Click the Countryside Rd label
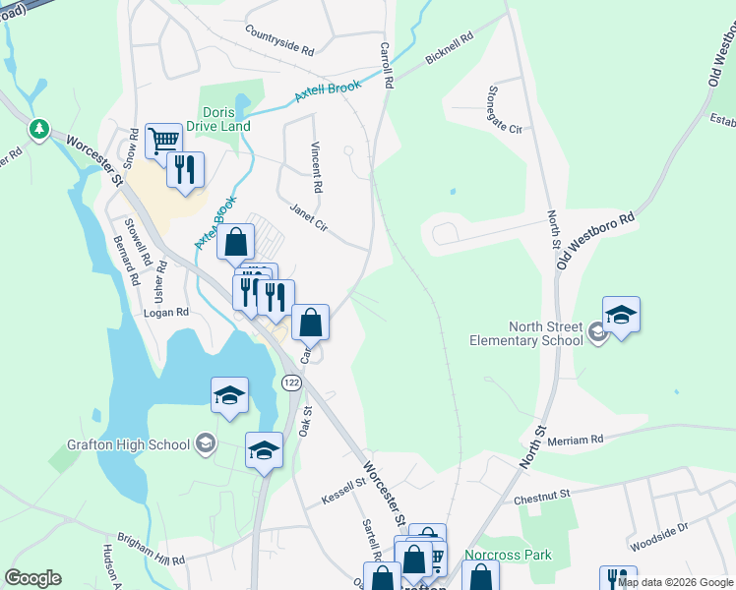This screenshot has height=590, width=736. [x=279, y=39]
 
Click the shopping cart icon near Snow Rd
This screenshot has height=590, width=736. [x=163, y=140]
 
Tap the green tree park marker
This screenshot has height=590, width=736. [x=38, y=129]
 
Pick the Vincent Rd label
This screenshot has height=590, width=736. [x=316, y=166]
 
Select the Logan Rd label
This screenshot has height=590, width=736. [x=166, y=313]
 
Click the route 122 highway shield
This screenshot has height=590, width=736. [x=290, y=381]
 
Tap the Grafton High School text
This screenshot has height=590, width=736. [x=128, y=444]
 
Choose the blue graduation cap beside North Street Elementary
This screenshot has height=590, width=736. [x=621, y=316]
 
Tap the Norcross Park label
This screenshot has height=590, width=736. [x=508, y=555]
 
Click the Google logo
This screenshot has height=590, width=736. [x=33, y=578]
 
